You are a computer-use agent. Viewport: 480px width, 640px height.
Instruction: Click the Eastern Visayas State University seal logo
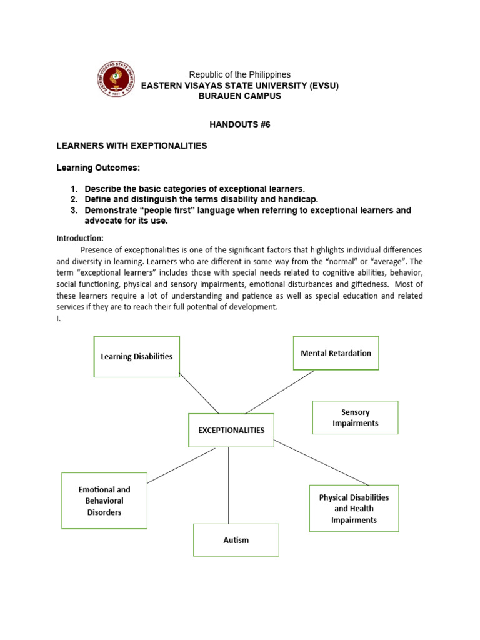[116, 79]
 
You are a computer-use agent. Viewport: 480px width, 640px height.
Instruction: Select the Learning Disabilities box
[137, 357]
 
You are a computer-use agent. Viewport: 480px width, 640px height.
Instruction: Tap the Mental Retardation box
[336, 353]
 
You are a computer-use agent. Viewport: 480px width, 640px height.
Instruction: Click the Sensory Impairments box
[355, 417]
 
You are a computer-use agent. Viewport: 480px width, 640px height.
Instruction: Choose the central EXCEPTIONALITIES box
[231, 430]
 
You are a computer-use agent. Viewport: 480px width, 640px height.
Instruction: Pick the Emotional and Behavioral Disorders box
[104, 501]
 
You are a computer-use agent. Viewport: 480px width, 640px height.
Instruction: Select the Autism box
[236, 540]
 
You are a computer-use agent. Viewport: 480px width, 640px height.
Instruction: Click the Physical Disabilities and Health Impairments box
[354, 508]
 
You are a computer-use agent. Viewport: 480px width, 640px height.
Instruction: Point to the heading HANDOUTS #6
[240, 124]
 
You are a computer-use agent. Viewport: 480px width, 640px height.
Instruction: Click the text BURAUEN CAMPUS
[239, 96]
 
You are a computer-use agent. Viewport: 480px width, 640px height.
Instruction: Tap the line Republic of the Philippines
[240, 74]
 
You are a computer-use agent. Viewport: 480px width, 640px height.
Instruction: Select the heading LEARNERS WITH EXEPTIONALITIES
[131, 146]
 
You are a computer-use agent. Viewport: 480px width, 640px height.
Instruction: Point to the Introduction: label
[80, 238]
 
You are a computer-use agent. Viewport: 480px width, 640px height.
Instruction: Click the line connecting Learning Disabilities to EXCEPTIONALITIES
[199, 393]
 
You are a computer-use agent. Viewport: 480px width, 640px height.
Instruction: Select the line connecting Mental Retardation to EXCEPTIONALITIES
[279, 392]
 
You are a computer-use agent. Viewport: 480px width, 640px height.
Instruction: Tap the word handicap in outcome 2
[299, 199]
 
